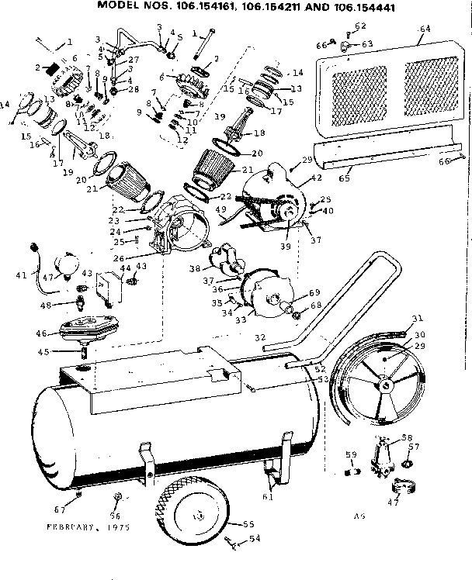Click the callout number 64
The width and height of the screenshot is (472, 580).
424,29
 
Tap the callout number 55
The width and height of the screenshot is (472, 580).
249,524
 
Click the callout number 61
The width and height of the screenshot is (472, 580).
267,496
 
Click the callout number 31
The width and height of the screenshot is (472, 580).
418,318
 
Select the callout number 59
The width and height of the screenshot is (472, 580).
351,454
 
